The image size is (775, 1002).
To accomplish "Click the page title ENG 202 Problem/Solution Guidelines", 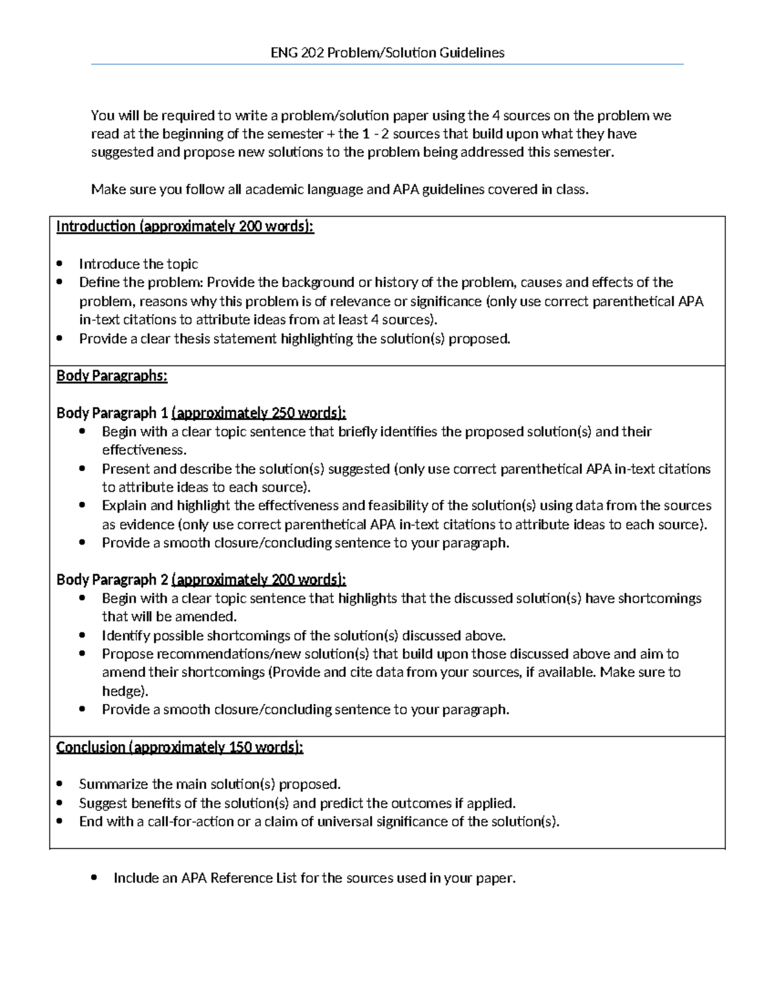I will (387, 53).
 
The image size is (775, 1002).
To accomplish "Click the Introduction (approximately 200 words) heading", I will (185, 226).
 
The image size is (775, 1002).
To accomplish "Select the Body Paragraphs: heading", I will (112, 376).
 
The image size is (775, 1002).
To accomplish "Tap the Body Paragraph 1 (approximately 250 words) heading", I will (201, 413).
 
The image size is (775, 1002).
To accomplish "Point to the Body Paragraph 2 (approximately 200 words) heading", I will (201, 579).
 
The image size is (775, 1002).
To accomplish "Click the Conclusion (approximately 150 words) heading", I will (180, 747).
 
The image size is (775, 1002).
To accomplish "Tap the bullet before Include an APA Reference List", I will (95, 878).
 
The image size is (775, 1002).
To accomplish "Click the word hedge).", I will (125, 691).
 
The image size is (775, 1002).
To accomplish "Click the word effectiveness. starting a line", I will (143, 450).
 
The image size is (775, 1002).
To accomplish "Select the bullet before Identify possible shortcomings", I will (82, 636).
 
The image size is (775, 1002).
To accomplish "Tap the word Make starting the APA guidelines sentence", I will (104, 190).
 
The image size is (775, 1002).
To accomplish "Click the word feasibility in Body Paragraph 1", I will (396, 505).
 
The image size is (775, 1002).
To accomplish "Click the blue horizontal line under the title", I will (387, 65).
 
